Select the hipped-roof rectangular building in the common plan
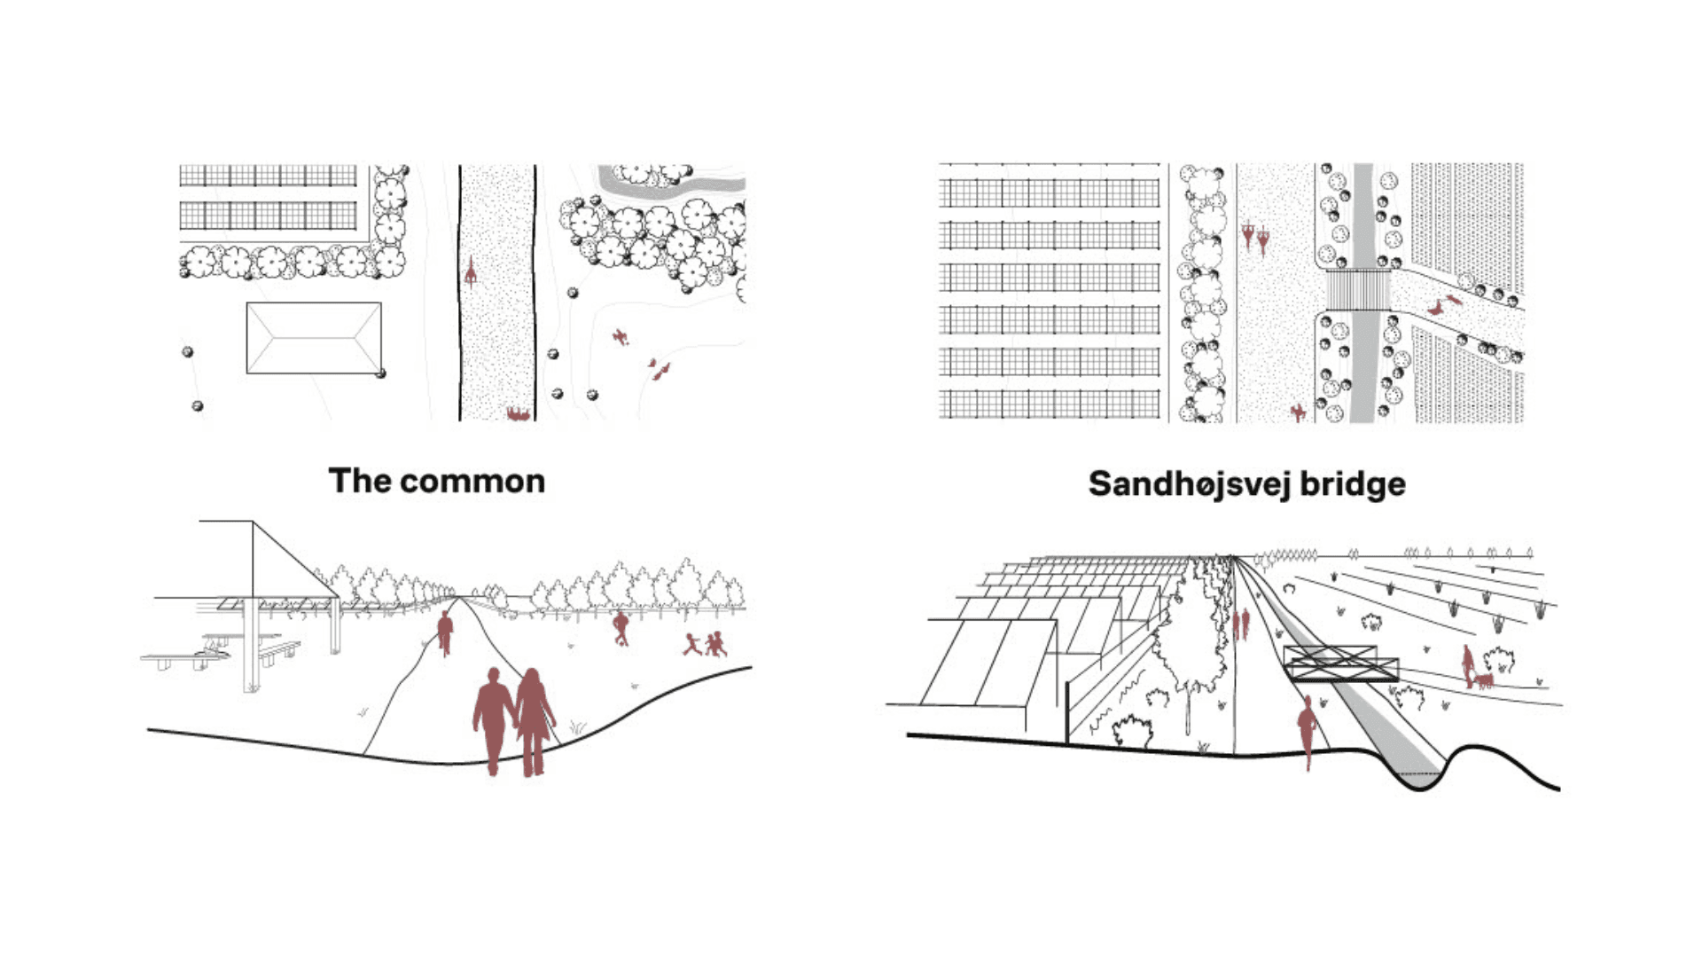coord(314,338)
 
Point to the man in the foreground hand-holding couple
coord(493,719)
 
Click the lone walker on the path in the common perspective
coord(445,632)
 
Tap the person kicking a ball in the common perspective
coord(621,627)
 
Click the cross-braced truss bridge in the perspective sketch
coord(1340,664)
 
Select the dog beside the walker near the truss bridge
coord(1483,681)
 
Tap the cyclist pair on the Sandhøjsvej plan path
coord(1255,237)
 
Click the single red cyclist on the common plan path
coord(471,271)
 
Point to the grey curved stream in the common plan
coord(674,187)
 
